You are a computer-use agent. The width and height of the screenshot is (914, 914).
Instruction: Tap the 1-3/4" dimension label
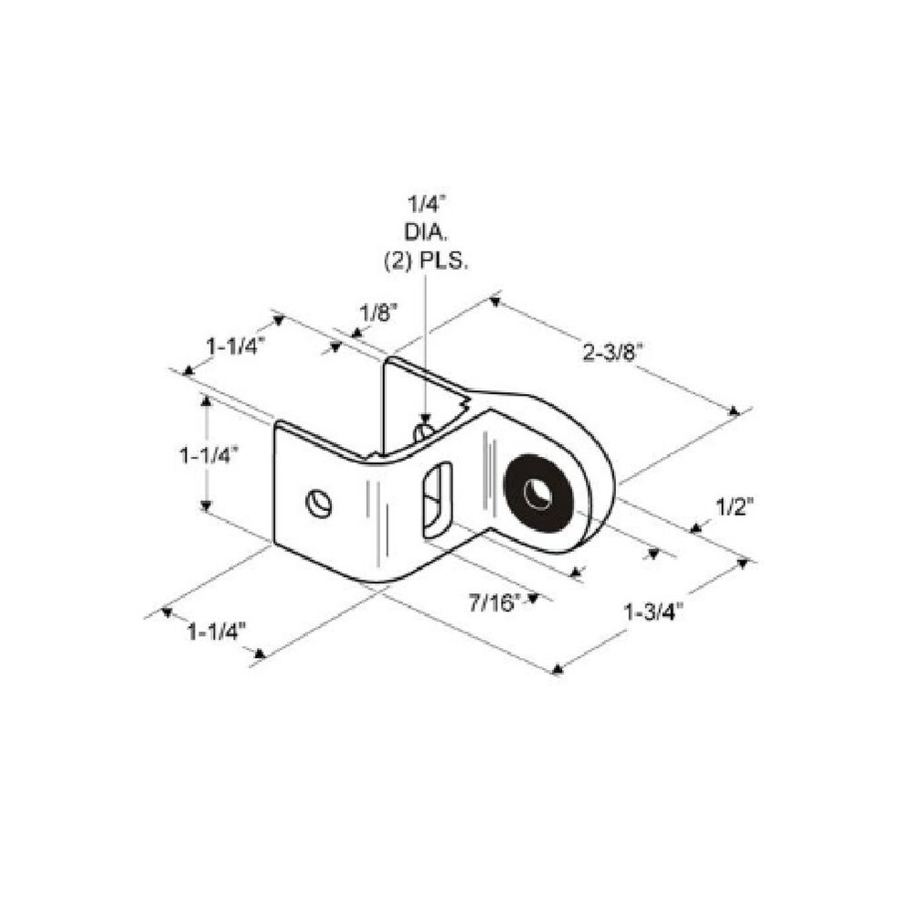tap(654, 612)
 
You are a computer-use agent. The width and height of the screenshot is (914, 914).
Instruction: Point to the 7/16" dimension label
tap(494, 603)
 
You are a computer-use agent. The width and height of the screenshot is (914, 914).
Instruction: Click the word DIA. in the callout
tap(426, 231)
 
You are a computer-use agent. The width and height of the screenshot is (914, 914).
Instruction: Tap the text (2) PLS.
tap(426, 262)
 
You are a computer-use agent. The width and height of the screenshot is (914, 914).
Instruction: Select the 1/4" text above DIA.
tap(426, 204)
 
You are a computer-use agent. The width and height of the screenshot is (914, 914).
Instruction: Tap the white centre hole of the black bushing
tap(537, 494)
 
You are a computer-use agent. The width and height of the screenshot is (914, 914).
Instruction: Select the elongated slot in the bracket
tap(437, 500)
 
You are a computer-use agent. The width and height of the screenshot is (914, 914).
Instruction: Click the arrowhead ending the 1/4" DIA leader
tap(426, 419)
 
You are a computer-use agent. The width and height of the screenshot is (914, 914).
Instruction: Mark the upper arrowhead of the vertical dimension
tap(205, 400)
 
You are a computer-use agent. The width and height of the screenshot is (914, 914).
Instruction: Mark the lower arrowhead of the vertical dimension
tap(205, 505)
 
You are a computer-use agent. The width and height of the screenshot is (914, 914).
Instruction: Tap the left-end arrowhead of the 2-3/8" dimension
tap(495, 302)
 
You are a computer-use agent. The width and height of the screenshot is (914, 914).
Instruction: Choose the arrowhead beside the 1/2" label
tap(695, 528)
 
